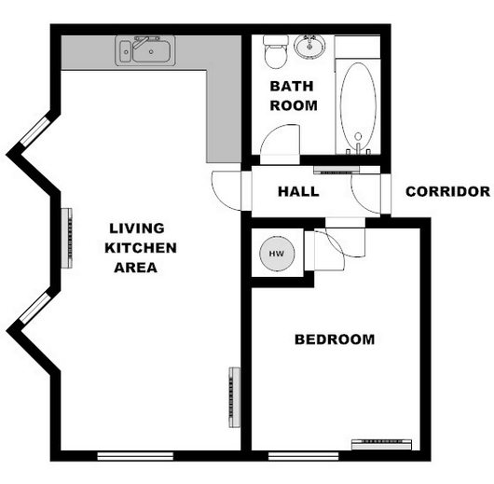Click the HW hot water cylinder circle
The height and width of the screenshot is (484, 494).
point(277,254)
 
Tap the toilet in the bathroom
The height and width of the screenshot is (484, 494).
point(276,51)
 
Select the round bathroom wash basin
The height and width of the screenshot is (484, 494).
point(309,47)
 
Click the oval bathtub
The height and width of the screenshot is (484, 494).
point(358,107)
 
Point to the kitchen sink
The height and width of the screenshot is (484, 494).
point(145,50)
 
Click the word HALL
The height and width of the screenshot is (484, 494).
point(298,192)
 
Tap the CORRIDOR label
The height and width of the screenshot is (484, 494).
point(447,192)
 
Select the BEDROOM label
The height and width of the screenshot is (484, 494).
point(335,339)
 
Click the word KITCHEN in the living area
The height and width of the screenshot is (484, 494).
point(141,248)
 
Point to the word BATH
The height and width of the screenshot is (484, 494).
point(292,87)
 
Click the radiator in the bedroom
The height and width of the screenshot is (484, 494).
point(381,444)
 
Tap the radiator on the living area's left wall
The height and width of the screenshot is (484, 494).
point(66,238)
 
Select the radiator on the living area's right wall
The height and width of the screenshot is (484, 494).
point(234,397)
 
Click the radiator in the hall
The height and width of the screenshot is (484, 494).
point(336,170)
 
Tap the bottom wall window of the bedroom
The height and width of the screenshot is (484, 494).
point(304,456)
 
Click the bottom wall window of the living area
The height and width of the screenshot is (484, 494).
point(135,456)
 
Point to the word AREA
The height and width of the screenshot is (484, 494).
point(136,268)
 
